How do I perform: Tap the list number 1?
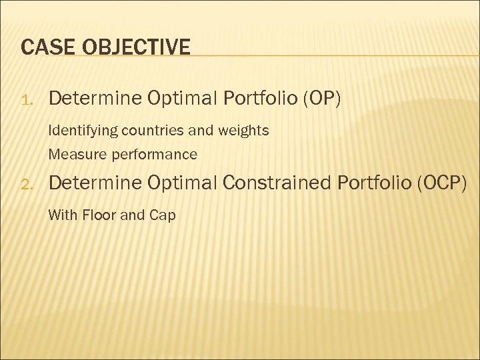[27, 101]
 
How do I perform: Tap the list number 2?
[27, 184]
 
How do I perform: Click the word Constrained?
[275, 183]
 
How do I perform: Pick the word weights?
[245, 131]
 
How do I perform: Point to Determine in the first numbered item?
[95, 99]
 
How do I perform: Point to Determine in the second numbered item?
[95, 183]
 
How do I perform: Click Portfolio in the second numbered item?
[373, 183]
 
